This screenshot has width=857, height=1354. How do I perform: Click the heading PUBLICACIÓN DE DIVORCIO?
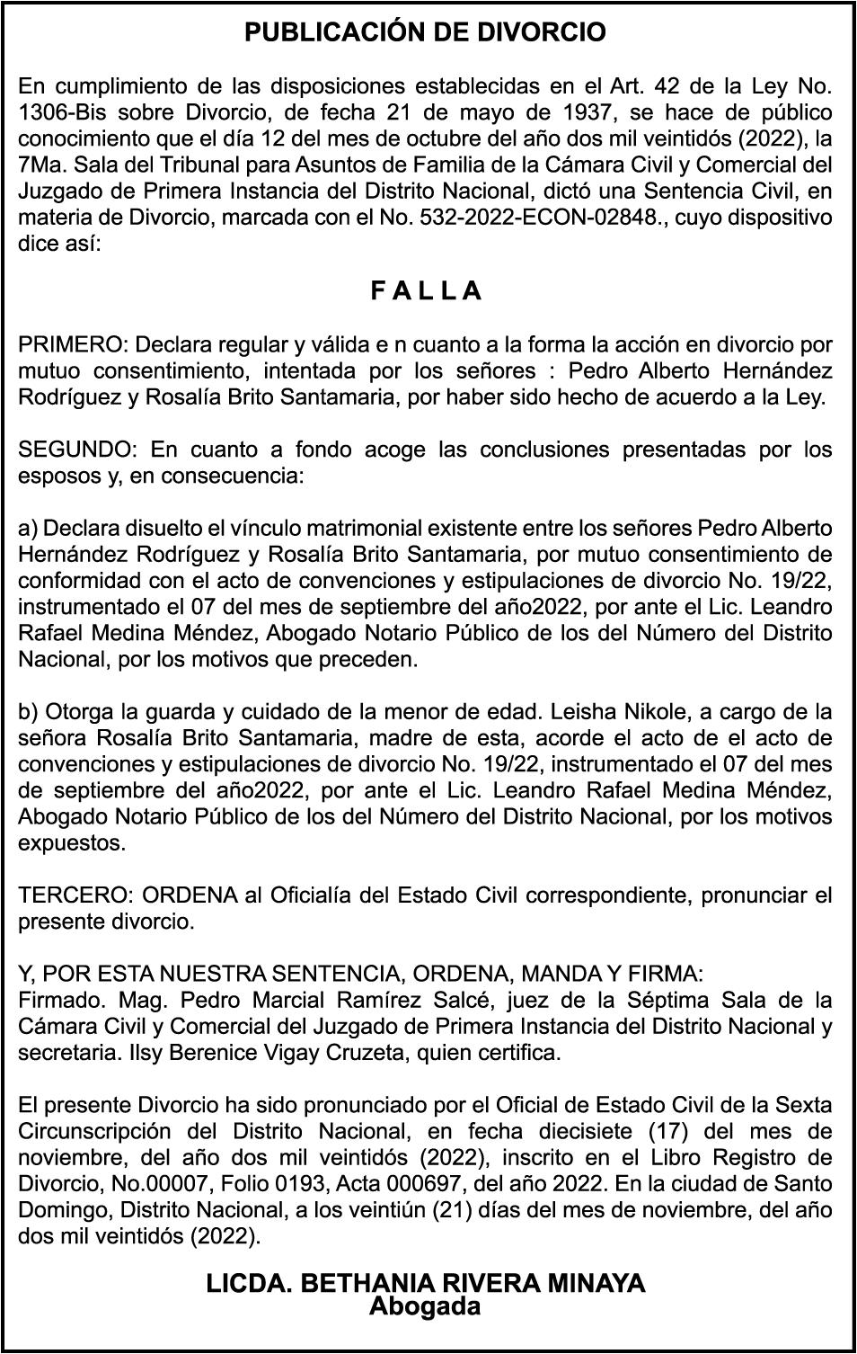pyautogui.click(x=426, y=33)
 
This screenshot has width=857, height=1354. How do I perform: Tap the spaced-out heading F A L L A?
pyautogui.click(x=426, y=291)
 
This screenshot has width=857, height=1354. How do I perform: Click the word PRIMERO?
pyautogui.click(x=74, y=344)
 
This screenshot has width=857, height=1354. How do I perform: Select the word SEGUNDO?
pyautogui.click(x=76, y=449)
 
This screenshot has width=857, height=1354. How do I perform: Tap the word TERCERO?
pyautogui.click(x=75, y=895)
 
